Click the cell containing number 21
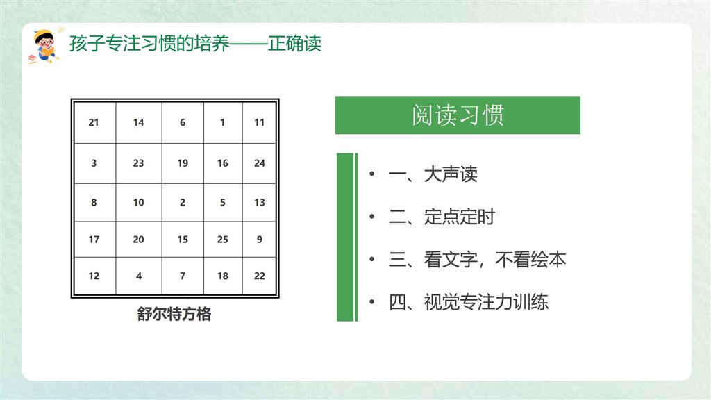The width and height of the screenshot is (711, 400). (x=94, y=122)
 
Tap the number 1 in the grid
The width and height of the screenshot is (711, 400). (x=223, y=122)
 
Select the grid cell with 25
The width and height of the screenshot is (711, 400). (x=223, y=240)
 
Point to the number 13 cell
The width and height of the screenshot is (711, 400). (x=260, y=203)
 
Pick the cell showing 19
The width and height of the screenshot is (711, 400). (x=183, y=163)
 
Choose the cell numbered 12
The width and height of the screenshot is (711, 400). (x=94, y=276)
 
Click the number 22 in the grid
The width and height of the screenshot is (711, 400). (x=260, y=276)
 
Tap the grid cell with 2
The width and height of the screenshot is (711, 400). (x=183, y=203)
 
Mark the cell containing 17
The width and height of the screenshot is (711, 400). (x=94, y=240)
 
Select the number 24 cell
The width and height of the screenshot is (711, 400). (x=260, y=163)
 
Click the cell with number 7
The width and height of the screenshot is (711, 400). (x=183, y=276)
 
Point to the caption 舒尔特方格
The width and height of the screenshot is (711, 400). (x=174, y=314)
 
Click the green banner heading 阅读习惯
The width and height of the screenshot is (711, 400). (x=458, y=115)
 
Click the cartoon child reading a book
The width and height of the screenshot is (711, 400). (x=44, y=47)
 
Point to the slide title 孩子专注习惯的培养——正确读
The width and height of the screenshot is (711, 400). (x=195, y=44)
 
